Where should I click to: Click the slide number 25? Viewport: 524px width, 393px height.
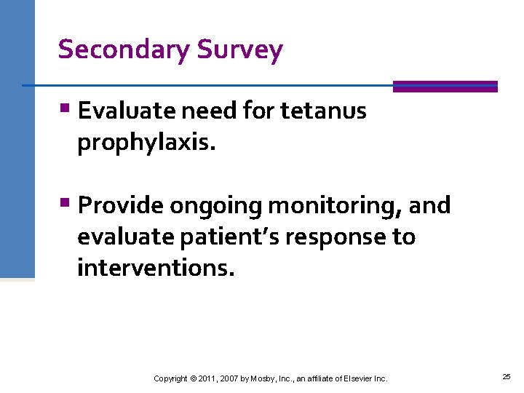point(506,377)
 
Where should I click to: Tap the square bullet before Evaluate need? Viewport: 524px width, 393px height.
point(65,110)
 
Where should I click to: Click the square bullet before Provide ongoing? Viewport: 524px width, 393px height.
point(65,205)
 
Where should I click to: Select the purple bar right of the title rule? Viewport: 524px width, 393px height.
point(445,86)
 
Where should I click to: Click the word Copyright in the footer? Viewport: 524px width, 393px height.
point(170,378)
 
